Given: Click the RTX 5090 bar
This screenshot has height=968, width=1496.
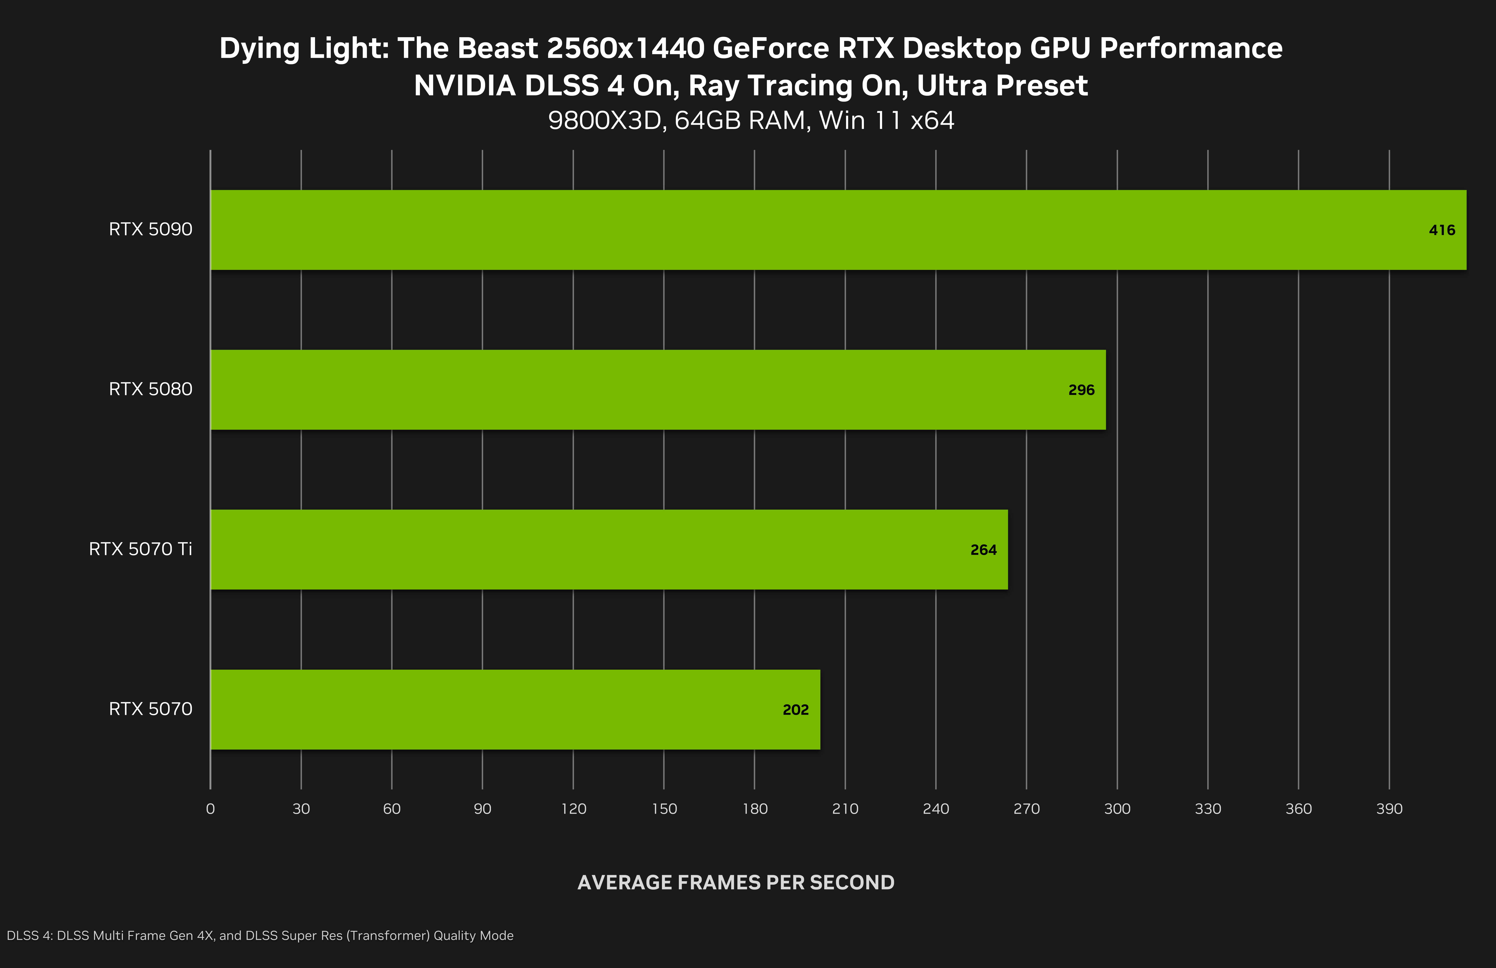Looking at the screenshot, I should pos(838,230).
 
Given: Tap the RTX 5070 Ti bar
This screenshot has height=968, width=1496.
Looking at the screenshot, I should pos(609,549).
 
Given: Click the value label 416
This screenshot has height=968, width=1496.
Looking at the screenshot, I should pos(1441,230).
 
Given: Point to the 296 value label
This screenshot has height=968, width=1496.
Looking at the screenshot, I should pos(1081,390).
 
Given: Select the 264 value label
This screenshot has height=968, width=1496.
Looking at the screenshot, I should pos(983,550).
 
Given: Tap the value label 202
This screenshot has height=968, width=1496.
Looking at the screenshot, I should pos(795,710).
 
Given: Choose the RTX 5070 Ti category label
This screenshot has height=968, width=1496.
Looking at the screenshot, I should pos(140,549).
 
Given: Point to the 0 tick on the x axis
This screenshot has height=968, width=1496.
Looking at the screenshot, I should pos(211,809).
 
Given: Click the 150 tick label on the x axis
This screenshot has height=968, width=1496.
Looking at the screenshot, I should pos(664,809).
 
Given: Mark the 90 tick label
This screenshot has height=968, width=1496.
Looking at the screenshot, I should pos(482,809).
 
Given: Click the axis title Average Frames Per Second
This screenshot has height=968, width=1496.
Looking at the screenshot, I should pos(735,883).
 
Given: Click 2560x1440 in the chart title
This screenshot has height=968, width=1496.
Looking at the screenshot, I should pos(625,48).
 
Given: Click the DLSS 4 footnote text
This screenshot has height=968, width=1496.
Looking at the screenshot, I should pos(260,935).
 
